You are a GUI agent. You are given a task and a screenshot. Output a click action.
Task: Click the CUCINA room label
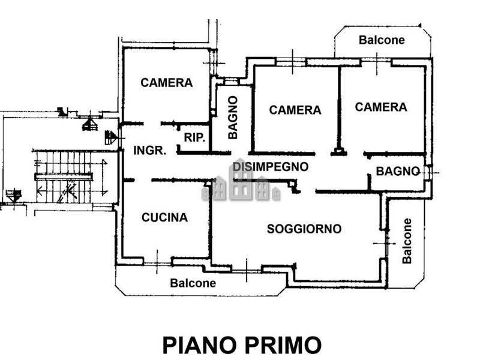coord(164,218)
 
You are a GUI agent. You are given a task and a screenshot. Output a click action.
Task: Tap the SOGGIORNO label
coord(304,229)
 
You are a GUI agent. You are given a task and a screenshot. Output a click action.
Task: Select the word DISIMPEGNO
coord(271,166)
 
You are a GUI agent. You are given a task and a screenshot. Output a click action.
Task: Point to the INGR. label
coord(149,151)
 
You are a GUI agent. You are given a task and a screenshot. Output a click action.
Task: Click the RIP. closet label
coord(194,137)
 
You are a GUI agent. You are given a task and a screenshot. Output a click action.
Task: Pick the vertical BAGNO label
coord(233,118)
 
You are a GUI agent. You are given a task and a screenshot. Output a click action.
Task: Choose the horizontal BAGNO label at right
coord(397,171)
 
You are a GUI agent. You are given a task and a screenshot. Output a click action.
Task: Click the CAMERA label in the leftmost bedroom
coord(167,83)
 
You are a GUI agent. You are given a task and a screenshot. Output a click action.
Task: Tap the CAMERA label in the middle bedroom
coord(295,110)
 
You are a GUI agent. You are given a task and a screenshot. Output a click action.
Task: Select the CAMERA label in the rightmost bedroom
coord(381,107)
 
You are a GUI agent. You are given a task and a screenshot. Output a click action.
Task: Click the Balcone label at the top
coord(382,40)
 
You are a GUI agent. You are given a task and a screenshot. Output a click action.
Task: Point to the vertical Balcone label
coord(407,241)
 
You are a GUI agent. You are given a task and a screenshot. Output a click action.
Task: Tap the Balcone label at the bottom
coord(193,283)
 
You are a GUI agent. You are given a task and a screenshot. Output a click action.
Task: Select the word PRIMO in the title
coord(283,345)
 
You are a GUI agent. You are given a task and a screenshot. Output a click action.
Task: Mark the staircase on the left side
coord(63,177)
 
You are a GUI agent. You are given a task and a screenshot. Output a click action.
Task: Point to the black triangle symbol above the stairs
coord(89,124)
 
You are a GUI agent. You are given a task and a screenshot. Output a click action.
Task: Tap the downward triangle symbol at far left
coord(13,195)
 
